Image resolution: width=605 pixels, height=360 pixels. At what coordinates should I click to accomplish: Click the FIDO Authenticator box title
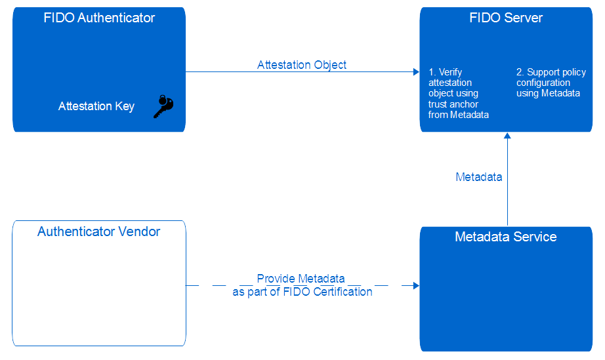pos(99,18)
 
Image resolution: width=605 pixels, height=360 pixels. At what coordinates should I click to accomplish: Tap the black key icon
pos(163,106)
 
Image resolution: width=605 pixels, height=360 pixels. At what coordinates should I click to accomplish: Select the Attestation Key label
pos(96,106)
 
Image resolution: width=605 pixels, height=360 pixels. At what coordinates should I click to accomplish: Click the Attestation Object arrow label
pos(301,65)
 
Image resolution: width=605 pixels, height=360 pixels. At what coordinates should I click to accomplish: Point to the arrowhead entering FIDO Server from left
pos(415,72)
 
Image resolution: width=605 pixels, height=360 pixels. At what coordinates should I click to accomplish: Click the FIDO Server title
pos(506,18)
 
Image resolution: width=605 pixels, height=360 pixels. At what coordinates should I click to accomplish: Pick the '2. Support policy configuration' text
pos(551,83)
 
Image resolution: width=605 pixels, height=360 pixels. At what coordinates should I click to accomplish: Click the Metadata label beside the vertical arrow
pos(479,177)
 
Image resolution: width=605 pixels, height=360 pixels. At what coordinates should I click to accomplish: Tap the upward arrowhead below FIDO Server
pos(507,136)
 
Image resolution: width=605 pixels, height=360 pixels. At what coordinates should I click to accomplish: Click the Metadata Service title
pos(505,237)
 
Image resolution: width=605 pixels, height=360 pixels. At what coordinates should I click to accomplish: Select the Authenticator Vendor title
pos(99,231)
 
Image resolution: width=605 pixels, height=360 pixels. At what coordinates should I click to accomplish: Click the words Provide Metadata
pos(301,279)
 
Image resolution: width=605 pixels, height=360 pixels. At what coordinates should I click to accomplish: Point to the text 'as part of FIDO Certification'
pos(302,292)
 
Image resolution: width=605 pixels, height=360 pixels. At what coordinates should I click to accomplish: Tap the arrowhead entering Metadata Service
pos(415,286)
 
